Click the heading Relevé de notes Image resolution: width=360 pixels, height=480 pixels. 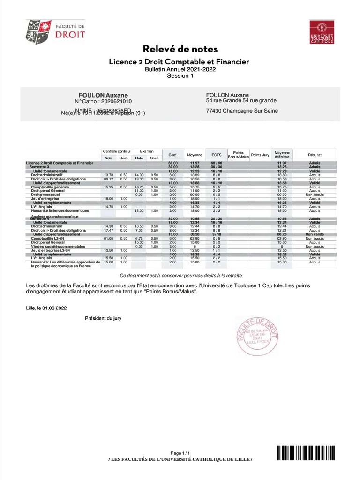click(180, 49)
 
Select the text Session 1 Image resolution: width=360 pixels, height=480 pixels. click(180, 76)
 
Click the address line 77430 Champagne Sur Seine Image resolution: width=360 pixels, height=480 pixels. click(242, 111)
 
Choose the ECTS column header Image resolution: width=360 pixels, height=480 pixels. click(216, 154)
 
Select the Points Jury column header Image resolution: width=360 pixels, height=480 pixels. click(260, 154)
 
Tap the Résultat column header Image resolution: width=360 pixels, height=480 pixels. click(315, 154)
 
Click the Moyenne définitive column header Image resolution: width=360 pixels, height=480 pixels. click(282, 154)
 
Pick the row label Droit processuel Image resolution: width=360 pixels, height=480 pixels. click(46, 195)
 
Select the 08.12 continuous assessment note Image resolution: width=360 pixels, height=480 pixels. click(109, 179)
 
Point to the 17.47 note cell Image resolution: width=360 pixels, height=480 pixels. click(109, 231)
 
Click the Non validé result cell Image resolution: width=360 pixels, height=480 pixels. click(315, 234)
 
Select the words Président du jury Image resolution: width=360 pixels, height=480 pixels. click(103, 318)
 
